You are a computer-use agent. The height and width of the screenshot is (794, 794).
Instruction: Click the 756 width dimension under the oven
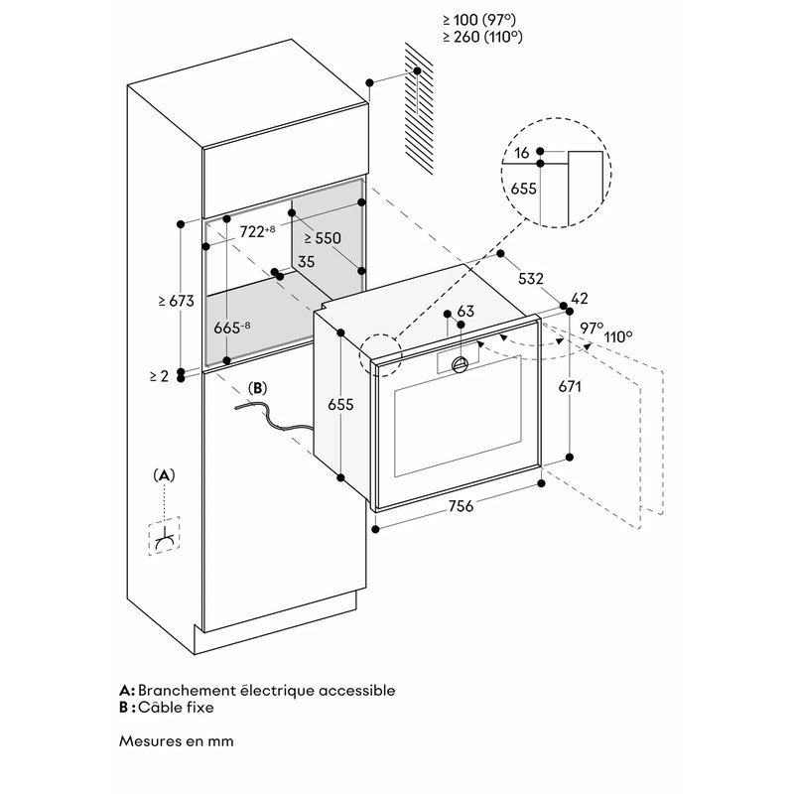point(460,506)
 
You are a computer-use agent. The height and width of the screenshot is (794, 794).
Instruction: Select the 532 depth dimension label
point(531,280)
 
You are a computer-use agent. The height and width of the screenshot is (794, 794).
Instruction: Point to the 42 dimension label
point(581,297)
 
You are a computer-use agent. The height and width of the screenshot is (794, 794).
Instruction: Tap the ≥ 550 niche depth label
point(323,238)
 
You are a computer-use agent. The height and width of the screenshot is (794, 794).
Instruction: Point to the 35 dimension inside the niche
point(306,263)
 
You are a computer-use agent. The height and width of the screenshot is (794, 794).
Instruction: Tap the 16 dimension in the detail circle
point(522,153)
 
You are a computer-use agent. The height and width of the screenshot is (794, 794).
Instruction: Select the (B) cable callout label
point(257,388)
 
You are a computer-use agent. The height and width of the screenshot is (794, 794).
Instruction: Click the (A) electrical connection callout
point(165,475)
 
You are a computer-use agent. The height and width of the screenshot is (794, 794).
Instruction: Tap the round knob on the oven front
point(460,364)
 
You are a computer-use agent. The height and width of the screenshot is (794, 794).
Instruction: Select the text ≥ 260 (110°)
point(482,37)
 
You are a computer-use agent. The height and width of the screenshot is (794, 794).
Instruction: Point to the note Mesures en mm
point(178,740)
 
